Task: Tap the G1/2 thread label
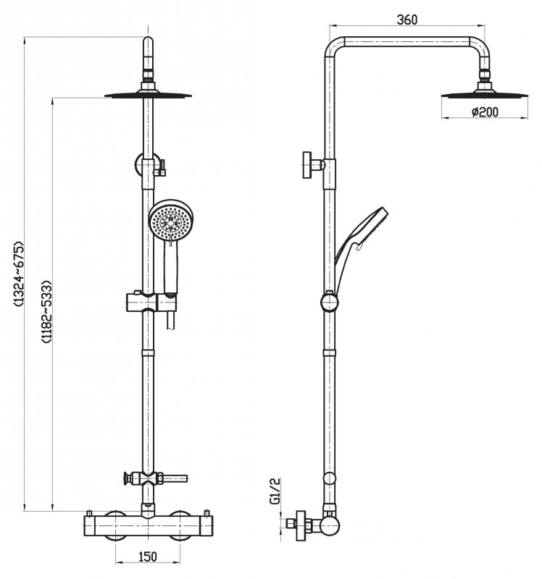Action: point(275,490)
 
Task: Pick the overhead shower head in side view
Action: point(483,92)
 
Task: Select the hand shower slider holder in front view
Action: point(148,300)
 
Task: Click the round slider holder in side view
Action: point(329,300)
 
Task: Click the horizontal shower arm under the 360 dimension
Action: point(407,43)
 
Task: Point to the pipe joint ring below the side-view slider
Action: point(329,352)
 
